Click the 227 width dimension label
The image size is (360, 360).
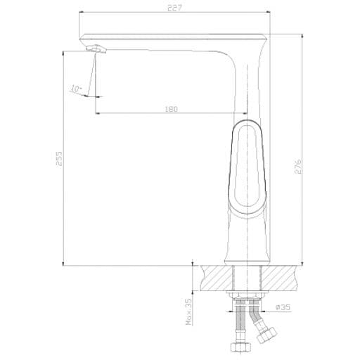(174, 8)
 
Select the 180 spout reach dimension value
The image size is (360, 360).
(172, 109)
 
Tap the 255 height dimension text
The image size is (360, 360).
(59, 159)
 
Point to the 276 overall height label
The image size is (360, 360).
(297, 167)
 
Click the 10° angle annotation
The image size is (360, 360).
(76, 89)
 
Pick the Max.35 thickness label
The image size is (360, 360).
(189, 311)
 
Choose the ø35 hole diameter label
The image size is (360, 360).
(283, 307)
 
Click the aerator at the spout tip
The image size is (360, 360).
(96, 49)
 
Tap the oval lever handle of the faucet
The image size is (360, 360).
(247, 169)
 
